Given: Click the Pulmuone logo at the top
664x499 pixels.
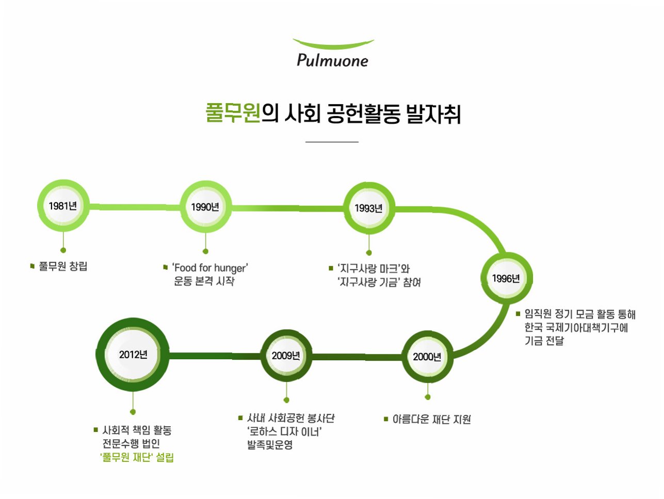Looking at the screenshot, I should pos(333,54).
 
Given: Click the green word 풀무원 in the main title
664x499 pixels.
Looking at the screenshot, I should pos(233,113).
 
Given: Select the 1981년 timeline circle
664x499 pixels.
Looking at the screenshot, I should pos(63,206).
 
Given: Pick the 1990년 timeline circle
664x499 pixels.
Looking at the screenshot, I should pos(205,207).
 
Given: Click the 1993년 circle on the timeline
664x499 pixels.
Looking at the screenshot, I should pos(369,208).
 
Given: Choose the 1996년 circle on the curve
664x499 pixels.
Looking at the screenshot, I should pos(506,279).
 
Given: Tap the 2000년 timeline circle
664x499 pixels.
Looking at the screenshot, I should pos(427,357).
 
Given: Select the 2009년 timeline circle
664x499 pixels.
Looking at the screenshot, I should pos(286,356).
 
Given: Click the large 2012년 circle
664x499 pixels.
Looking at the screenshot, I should pos(133,355).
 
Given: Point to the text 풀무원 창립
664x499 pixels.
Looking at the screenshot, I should pos(63,267).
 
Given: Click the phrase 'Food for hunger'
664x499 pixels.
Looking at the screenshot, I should pos(210,268).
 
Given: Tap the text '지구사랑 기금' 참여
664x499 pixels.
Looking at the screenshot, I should pos(379,282).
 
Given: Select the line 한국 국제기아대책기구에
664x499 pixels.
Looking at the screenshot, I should pos(576,328).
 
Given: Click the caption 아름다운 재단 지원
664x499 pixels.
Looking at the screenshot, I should pos(431,420).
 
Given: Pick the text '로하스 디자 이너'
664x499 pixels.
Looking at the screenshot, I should pos(285,431).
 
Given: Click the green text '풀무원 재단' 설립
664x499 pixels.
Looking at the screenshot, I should pos(137,457).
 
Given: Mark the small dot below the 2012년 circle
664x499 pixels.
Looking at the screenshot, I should pos(133,412).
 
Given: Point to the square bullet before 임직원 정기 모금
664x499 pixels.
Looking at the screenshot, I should pos(518,314).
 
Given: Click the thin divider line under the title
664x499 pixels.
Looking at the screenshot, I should pos(332,141).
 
